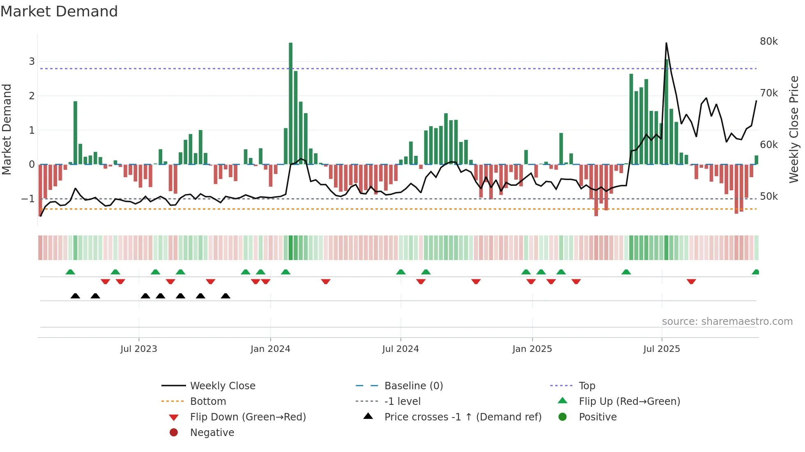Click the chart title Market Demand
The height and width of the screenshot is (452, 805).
59,11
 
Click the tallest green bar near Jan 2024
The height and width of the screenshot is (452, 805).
291,103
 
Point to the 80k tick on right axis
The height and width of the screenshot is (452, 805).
768,41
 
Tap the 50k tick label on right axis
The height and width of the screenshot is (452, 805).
768,196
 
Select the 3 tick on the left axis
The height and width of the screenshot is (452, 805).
32,62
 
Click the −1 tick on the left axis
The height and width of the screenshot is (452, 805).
28,199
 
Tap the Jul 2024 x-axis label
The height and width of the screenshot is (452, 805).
400,349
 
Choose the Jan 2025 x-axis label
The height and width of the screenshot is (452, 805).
532,349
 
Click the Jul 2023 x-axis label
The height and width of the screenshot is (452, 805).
139,349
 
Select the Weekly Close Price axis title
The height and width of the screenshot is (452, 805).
794,129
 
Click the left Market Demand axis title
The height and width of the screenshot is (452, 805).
7,129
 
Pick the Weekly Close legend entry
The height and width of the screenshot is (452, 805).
222,386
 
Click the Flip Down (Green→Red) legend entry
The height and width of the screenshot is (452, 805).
248,417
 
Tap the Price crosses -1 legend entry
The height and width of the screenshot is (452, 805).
462,417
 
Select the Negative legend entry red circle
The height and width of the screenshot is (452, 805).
174,432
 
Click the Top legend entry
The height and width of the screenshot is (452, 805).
586,386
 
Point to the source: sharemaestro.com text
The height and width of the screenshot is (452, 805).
727,322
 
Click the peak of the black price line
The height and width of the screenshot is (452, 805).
666,43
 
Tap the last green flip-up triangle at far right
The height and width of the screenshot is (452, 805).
755,272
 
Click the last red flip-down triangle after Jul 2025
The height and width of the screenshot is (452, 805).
691,281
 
